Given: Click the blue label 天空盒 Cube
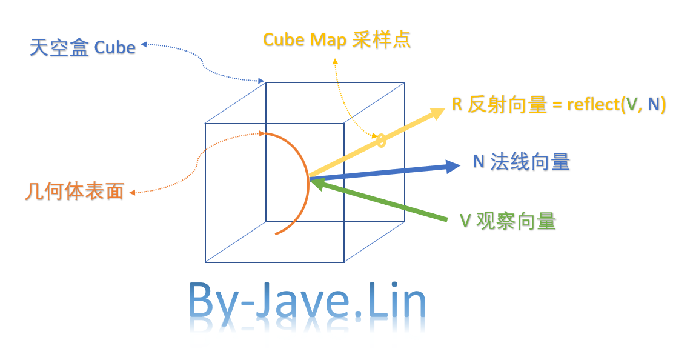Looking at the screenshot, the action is pos(82,47).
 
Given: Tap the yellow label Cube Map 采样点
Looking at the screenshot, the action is pos(337,40).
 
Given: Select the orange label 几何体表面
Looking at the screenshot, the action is pos(75,192).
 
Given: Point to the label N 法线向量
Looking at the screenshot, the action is pos(521,162).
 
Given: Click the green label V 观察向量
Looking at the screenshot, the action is pos(508,221).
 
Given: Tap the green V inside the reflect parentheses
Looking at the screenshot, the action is pos(632,105).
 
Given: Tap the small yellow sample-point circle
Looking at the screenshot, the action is pos(381,141).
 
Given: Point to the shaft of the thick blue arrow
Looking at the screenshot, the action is pos(382,172).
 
